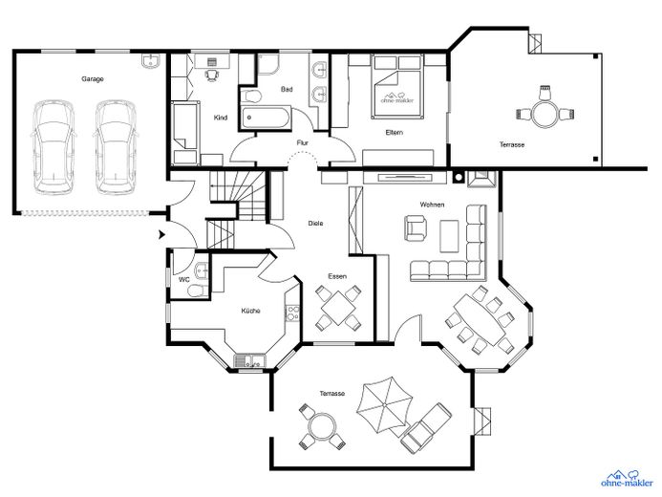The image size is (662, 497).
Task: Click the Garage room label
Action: [x=93, y=79]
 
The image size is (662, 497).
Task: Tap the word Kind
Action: [x=221, y=118]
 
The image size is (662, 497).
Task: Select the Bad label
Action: [x=287, y=90]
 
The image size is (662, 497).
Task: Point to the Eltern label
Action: [x=394, y=132]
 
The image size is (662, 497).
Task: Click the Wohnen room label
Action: [x=432, y=205]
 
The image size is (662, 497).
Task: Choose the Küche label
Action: [x=250, y=311]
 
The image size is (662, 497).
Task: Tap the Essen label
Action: [x=337, y=276]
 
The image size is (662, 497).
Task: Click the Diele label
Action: [x=315, y=223]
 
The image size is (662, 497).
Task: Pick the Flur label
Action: [x=302, y=142]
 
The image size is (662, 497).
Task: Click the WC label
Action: [x=184, y=279]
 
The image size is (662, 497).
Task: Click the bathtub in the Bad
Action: [x=266, y=118]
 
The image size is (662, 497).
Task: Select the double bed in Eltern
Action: [x=396, y=87]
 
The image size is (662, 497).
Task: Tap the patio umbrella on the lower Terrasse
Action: [x=384, y=405]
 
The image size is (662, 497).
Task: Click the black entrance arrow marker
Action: [x=161, y=235]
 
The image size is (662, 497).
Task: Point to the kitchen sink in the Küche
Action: [x=249, y=361]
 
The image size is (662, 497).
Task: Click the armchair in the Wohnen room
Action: [x=416, y=228]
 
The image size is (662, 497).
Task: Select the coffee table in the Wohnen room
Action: [x=449, y=236]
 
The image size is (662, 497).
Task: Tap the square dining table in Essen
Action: [x=338, y=308]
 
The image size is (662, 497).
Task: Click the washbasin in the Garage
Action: [x=150, y=61]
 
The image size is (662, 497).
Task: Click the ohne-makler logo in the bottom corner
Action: [x=627, y=479]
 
